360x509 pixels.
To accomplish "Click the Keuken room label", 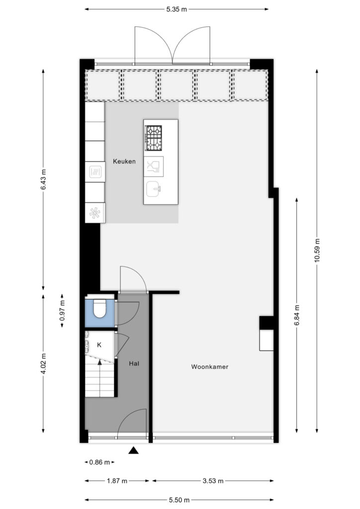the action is coord(124,162).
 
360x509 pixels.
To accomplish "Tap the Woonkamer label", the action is coord(210,367).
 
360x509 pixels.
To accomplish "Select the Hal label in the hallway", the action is coord(134,363).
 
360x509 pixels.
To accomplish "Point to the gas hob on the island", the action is coord(153,138).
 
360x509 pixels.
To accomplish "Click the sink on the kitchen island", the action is coord(154,189).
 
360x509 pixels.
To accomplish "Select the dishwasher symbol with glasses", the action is coord(154,167).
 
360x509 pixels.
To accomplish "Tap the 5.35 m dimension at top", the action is coord(177,9).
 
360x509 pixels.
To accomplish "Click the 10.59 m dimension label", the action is coord(317,251).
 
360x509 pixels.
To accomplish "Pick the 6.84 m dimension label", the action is coord(297,316).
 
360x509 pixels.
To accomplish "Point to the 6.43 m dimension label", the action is coord(43,179).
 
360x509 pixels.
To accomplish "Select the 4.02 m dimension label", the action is coord(43,363).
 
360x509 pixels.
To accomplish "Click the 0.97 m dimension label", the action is coord(62,311).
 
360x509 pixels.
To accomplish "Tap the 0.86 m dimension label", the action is coord(99,462).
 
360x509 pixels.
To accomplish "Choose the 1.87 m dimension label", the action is coord(117,481).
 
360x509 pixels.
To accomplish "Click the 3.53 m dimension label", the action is coord(213,481).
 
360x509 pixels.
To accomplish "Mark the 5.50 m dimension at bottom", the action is coord(179,500).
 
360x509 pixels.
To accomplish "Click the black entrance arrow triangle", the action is coord(133,450).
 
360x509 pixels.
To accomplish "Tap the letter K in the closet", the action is coord(99,345).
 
